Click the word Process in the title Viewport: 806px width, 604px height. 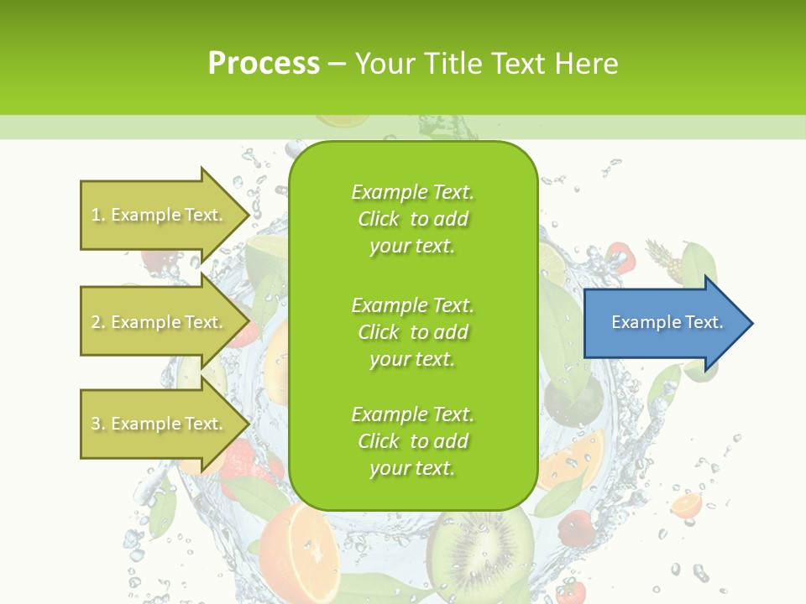coord(264,63)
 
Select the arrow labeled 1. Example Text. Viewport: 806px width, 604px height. coord(160,215)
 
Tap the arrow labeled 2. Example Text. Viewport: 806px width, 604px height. coord(160,322)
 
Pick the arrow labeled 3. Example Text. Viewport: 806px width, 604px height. coord(160,424)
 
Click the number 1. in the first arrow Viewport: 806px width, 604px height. coord(98,215)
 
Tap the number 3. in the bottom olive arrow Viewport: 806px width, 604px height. coord(98,424)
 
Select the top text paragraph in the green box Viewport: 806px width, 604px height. coord(412,219)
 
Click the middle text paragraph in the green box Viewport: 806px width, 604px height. coord(412,331)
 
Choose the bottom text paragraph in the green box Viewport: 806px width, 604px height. coord(412,441)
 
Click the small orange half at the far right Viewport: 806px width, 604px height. coord(686,505)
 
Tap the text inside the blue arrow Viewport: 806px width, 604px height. coord(667,322)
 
